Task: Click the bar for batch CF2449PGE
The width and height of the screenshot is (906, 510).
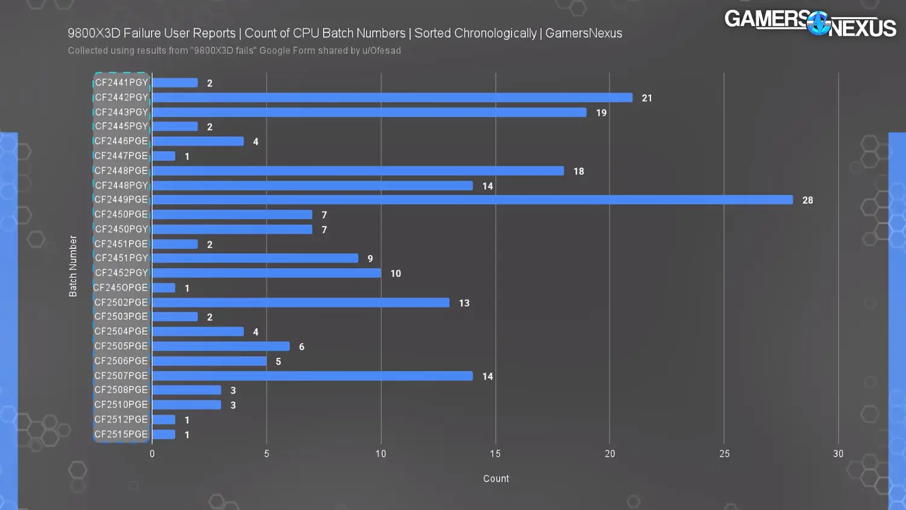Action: tap(472, 200)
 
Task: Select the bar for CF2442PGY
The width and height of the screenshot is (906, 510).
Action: tap(392, 98)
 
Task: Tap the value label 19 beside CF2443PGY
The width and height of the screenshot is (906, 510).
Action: tap(601, 113)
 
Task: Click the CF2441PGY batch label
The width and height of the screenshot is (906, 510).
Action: tap(121, 83)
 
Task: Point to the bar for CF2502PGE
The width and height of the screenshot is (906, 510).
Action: tap(301, 303)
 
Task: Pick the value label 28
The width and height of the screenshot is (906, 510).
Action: tap(808, 201)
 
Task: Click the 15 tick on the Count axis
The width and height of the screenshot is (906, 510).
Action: tap(495, 454)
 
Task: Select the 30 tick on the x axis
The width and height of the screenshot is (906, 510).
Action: tap(838, 454)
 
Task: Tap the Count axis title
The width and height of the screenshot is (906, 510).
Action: tap(496, 479)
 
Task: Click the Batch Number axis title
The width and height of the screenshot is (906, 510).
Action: tap(73, 266)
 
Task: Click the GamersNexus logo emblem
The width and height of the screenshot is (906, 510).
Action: tap(818, 24)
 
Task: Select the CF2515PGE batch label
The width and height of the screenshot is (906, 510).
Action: tap(121, 434)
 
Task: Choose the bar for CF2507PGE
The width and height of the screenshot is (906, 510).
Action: tap(312, 376)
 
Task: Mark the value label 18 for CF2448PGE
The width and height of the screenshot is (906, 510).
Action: tap(579, 172)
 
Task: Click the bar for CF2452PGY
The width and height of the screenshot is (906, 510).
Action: tap(266, 273)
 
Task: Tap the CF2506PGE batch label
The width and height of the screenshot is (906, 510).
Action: tap(121, 361)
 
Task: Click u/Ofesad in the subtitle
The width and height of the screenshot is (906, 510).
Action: tap(381, 51)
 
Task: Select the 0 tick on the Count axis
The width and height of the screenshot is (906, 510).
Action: tap(152, 454)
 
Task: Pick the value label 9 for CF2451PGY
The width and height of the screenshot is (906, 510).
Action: tap(370, 259)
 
